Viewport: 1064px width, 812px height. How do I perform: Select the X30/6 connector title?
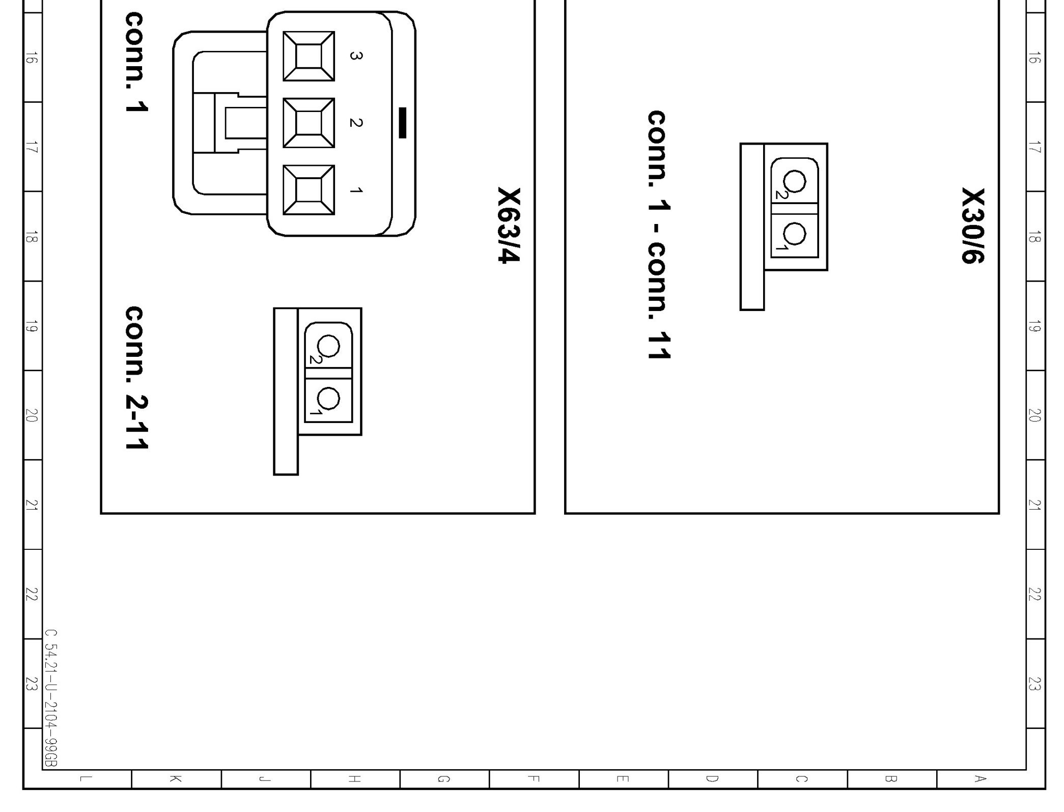tap(973, 226)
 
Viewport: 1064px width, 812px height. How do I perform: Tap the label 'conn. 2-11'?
tap(136, 378)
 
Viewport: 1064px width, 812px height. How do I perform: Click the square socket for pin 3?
tap(309, 56)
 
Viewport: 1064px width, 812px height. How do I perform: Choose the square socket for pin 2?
tap(309, 123)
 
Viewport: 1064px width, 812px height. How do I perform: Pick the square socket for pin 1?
tap(309, 190)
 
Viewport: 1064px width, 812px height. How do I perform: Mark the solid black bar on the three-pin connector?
tap(402, 123)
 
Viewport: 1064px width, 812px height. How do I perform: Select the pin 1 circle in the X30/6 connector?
tap(794, 234)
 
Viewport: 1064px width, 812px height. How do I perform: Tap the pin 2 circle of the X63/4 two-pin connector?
tap(328, 346)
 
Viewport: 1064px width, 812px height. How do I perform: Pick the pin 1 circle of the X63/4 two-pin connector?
tap(328, 398)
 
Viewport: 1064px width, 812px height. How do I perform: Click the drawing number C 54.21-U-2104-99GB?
tap(51, 698)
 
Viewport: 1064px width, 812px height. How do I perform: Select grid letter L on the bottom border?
tap(87, 778)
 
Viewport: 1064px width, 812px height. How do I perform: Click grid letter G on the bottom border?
tap(444, 778)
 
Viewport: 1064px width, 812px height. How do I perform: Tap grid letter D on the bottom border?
tap(712, 778)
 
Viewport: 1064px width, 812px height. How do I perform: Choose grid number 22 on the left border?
tap(32, 594)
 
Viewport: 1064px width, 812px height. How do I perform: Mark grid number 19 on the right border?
tap(1034, 326)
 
